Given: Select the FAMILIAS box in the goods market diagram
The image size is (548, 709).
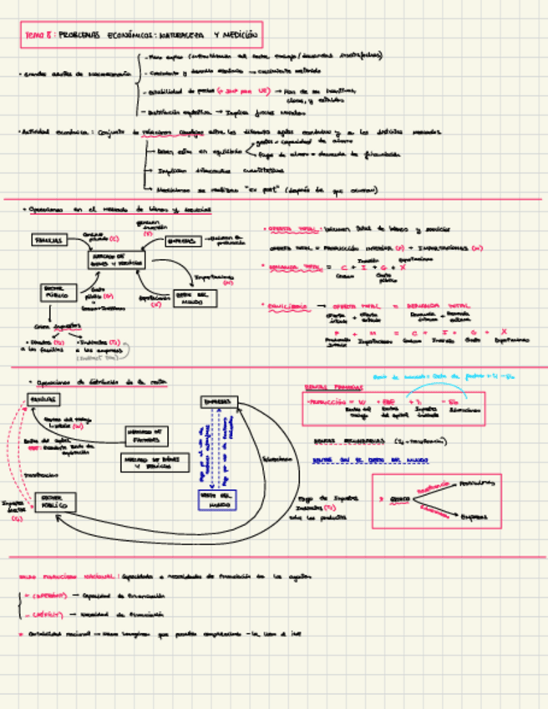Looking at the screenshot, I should [x=49, y=240].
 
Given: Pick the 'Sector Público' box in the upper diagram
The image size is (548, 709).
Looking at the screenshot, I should [x=58, y=292].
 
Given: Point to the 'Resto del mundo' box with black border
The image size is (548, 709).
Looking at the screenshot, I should [x=195, y=298].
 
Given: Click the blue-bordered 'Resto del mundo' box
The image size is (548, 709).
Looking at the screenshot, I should [x=218, y=500].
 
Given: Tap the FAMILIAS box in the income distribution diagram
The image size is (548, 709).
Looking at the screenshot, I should [x=43, y=400].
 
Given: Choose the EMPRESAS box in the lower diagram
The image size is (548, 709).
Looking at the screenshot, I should [x=219, y=402].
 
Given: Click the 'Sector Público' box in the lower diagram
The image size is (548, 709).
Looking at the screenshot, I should [x=56, y=502].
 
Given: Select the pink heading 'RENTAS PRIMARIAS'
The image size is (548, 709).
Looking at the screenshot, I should [x=327, y=387].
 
